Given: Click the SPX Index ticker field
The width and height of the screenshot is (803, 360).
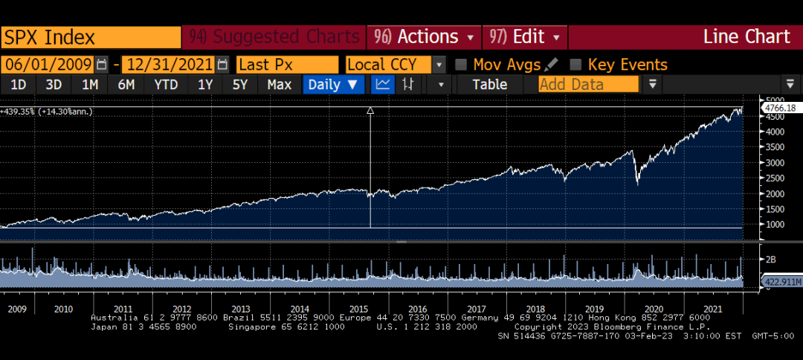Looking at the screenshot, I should coord(91,37).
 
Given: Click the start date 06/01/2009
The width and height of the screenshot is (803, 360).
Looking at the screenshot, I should coord(48,65).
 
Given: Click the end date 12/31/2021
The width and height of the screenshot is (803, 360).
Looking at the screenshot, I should coord(169,65).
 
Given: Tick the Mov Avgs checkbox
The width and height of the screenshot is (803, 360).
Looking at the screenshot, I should coord(461,65).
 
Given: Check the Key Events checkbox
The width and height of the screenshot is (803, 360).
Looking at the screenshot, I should coord(575,65).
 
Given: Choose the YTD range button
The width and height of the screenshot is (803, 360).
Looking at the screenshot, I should coord(166,85).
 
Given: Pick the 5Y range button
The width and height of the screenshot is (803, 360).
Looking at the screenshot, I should coord(239,85).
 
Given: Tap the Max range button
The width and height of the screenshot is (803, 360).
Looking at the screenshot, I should coord(280,85).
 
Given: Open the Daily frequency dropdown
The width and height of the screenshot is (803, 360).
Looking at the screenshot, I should coord(333,85).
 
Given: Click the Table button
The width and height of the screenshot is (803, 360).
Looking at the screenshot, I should coord(489,85).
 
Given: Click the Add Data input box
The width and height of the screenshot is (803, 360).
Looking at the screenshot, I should coord(588,85).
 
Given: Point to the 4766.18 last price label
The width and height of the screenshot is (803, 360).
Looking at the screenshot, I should coord(779,109).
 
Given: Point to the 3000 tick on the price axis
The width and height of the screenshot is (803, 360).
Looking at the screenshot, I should coord(775,162).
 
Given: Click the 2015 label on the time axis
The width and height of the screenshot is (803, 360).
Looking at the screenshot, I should coord(359,309).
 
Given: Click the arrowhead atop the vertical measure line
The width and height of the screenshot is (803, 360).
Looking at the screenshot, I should coord(370,110).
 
